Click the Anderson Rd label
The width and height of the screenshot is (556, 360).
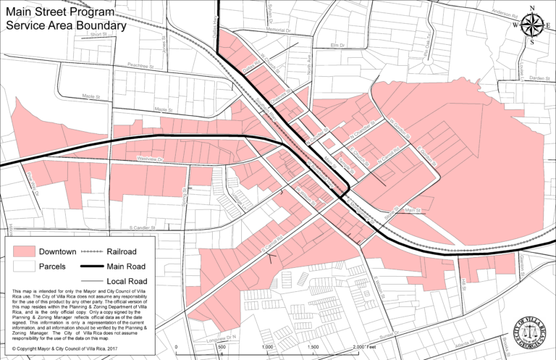tap(505, 12)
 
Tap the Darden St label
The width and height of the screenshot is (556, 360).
tap(539, 78)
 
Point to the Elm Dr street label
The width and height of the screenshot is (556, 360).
tap(335, 45)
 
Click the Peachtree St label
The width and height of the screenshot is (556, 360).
tap(142, 64)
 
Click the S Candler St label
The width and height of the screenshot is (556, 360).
tap(135, 227)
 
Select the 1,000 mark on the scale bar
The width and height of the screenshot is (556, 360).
tap(267, 348)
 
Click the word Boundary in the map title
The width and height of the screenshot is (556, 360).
tap(94, 25)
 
